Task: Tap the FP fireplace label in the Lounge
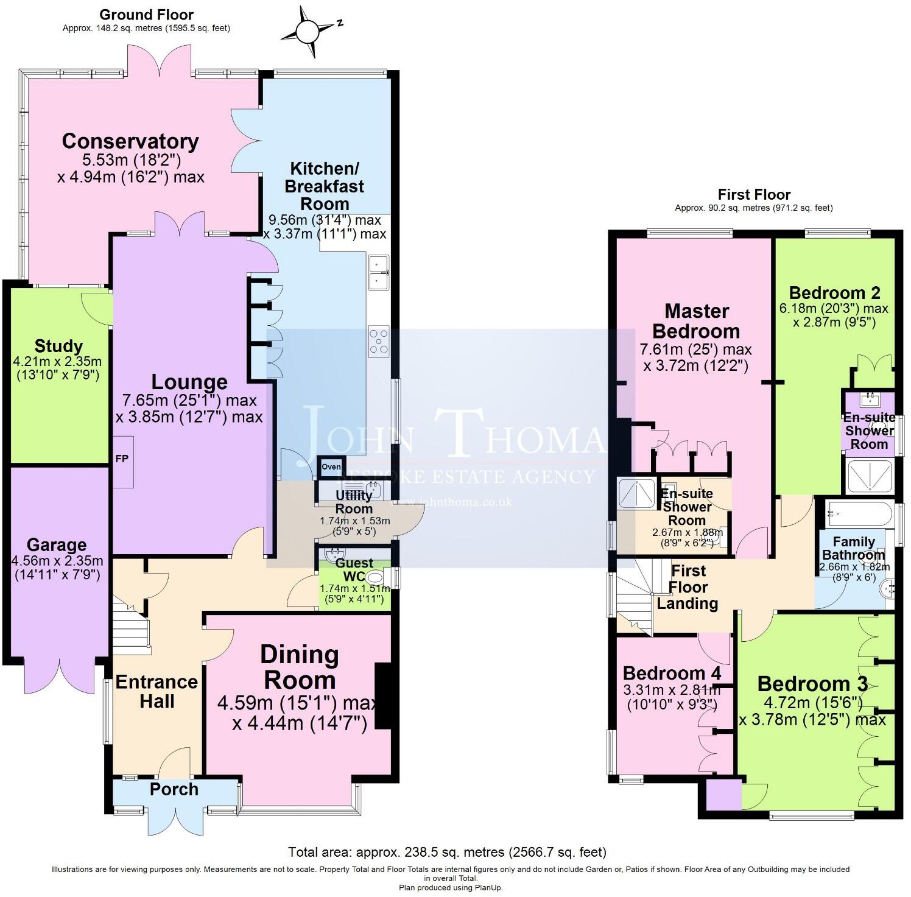tap(122, 459)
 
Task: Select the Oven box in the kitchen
tap(331, 467)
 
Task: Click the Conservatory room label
tap(130, 141)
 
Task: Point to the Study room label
tap(58, 346)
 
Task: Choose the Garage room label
tap(57, 545)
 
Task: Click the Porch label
tap(174, 789)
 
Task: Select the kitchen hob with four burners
tap(378, 341)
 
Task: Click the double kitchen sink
tap(378, 272)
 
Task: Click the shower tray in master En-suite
tap(635, 493)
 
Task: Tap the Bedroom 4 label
tap(672, 674)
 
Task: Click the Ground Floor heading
tap(146, 15)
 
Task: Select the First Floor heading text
tap(754, 195)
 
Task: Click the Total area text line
tap(447, 852)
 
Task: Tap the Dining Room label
tap(298, 667)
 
